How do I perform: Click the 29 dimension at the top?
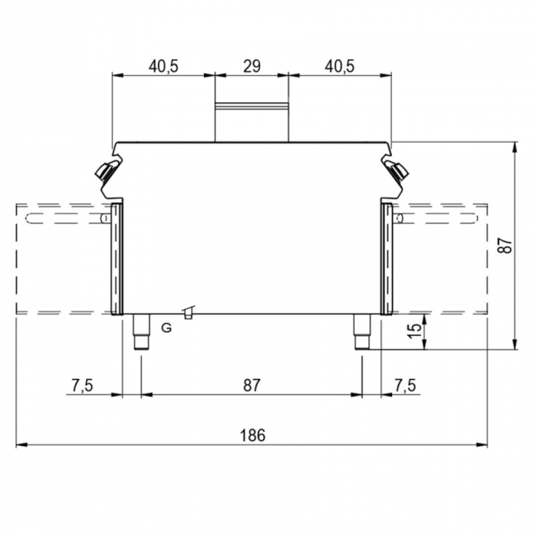coord(251,67)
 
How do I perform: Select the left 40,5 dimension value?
coord(163,67)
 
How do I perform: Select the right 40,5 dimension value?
coord(339,67)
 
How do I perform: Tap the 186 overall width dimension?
coord(252,435)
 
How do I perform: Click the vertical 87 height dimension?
coord(503,245)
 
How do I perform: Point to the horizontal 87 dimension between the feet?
coord(252,385)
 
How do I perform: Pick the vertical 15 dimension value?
coord(413,331)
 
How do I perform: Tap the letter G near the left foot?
coord(166,328)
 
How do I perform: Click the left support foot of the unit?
coord(141,331)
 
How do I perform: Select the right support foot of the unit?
coord(362,331)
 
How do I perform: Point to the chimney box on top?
coord(251,121)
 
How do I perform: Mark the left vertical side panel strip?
coord(116,258)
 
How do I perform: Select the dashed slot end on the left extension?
coord(28,219)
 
